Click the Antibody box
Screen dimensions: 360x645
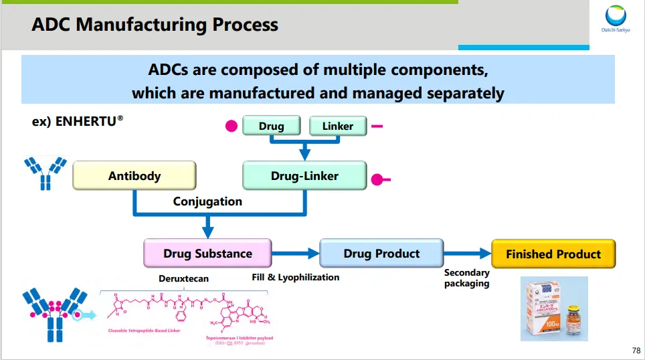(x=134, y=176)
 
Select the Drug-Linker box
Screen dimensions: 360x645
(x=304, y=176)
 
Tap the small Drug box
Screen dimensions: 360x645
(x=271, y=126)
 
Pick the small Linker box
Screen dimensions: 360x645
(x=337, y=126)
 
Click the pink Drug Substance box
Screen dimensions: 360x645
(x=207, y=254)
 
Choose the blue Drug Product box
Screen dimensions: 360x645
(x=381, y=254)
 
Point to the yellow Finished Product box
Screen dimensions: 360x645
(x=553, y=254)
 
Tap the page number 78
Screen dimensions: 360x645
(x=635, y=351)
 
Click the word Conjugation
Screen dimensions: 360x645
(x=207, y=201)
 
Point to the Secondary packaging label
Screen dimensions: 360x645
(x=466, y=278)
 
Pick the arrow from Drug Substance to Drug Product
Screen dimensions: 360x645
(x=296, y=254)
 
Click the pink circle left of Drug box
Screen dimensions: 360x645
(x=232, y=126)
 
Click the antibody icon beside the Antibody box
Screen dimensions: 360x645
(x=45, y=173)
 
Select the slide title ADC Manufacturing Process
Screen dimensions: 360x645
(x=155, y=25)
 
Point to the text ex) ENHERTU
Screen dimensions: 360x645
(x=78, y=123)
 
